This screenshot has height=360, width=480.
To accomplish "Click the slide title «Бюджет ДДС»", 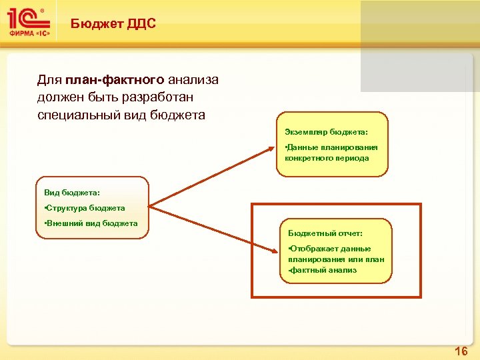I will click(113, 24).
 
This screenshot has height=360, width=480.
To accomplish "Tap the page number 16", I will click(461, 351).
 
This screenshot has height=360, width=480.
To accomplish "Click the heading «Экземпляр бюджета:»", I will click(326, 132).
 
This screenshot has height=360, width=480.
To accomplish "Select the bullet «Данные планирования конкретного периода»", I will click(331, 153).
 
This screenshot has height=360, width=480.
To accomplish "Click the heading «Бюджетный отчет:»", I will click(325, 233).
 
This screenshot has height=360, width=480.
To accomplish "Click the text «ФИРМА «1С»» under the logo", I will click(29, 33).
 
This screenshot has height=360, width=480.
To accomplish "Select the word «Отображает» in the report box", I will click(313, 248).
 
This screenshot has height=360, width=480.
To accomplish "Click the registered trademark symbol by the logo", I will click(43, 11).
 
